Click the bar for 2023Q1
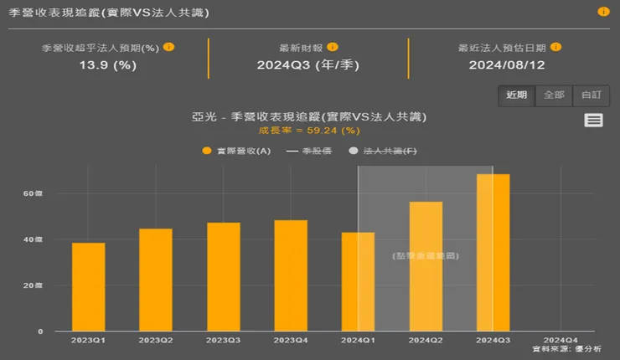coord(89,287)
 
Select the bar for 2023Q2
coord(156,280)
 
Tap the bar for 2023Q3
coord(224,277)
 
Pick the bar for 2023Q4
coord(291,275)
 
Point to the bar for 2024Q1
coord(358,282)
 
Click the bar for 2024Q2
coord(426,266)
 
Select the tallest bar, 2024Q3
coord(493,253)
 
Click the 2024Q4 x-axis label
coord(560,339)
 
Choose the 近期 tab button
coord(517,95)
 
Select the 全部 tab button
coord(554,95)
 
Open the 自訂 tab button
coord(591,95)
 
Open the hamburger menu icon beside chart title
coord(594,121)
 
